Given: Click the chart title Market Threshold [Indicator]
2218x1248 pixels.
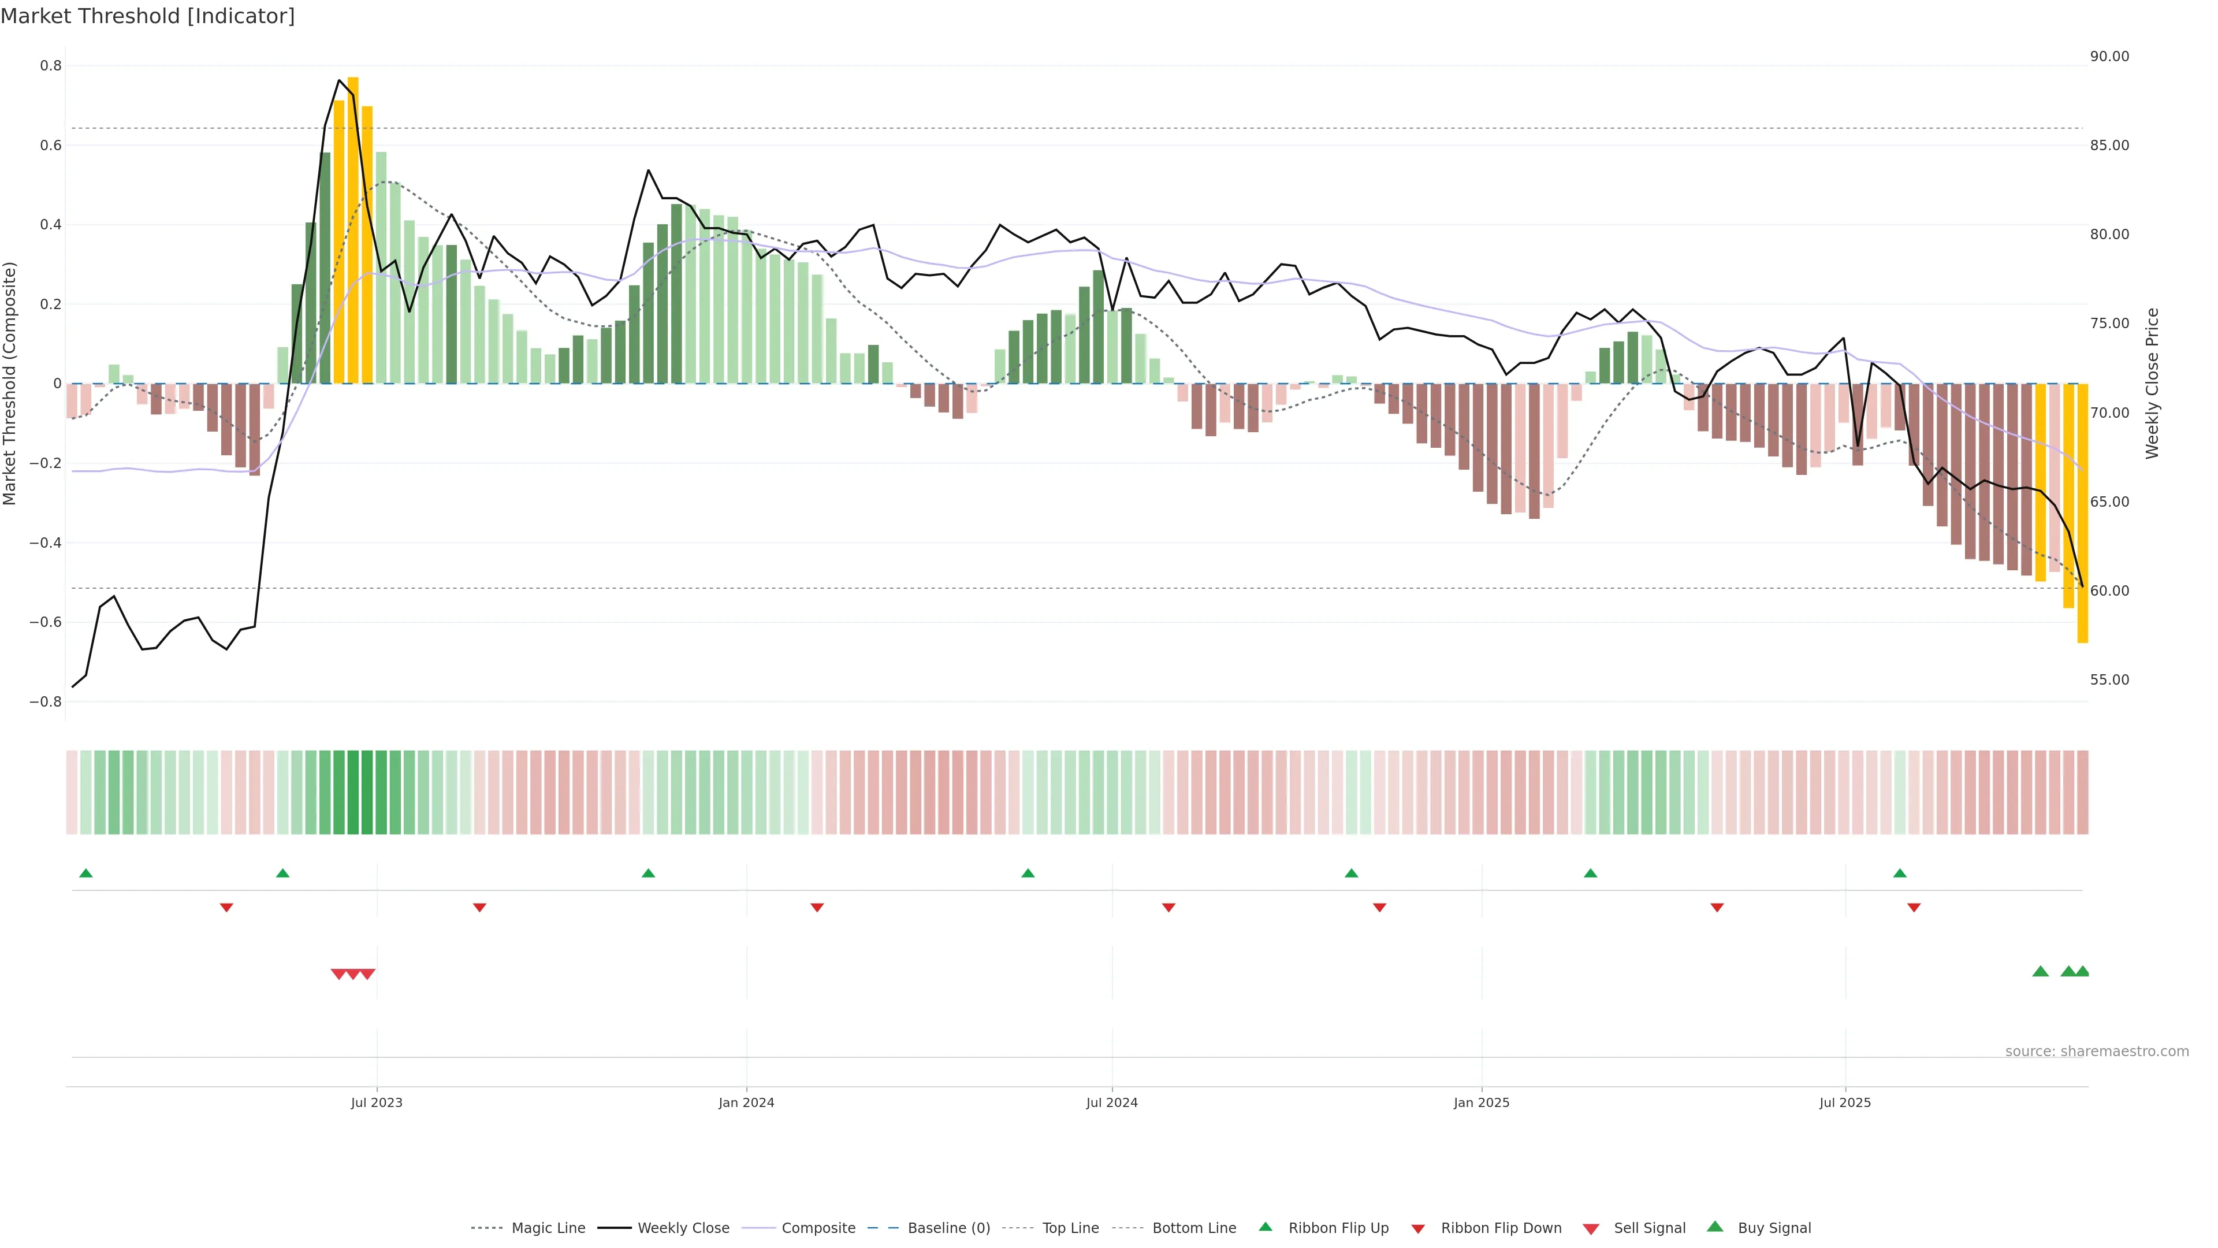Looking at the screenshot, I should (147, 16).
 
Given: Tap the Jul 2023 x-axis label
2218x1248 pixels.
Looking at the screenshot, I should (376, 1102).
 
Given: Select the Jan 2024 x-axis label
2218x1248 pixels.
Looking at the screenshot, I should (746, 1102).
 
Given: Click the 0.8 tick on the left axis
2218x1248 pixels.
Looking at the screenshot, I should (51, 65).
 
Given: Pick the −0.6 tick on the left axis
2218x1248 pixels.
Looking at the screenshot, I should (46, 622).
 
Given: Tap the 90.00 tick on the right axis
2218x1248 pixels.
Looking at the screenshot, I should (2109, 57).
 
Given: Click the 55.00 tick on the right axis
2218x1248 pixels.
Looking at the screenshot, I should (2109, 679).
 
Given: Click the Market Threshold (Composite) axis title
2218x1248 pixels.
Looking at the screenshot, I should (10, 383).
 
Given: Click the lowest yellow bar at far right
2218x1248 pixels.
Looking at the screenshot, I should (2082, 513).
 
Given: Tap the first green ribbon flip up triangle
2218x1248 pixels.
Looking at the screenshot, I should (86, 874).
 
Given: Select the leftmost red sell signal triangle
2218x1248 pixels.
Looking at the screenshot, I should (338, 974).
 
